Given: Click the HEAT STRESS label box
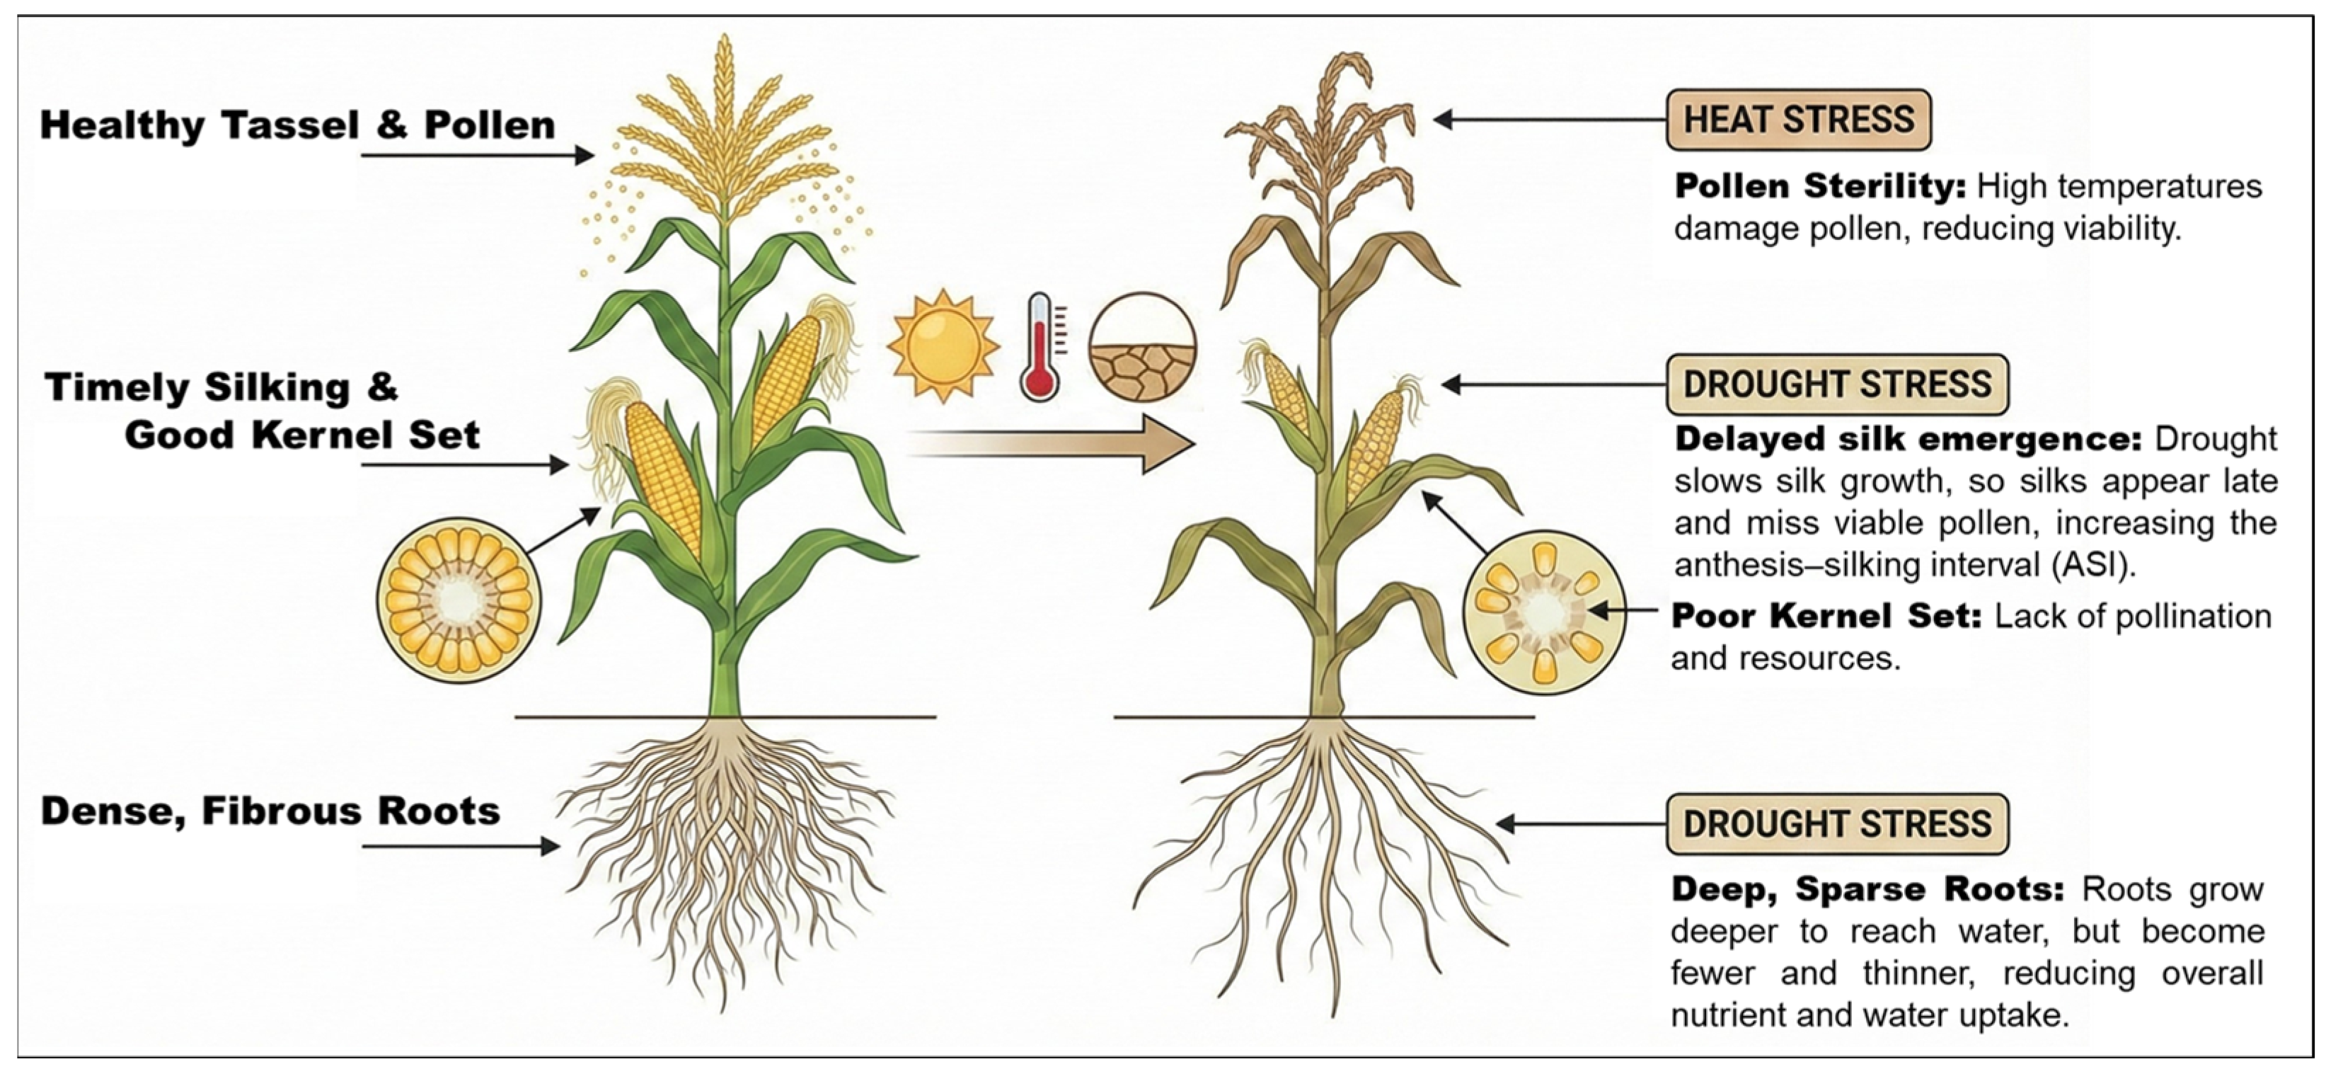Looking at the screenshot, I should click(x=1798, y=119).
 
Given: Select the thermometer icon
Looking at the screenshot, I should click(x=1040, y=347).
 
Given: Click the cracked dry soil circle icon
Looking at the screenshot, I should click(x=1141, y=347).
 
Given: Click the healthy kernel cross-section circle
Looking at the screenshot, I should click(x=459, y=600).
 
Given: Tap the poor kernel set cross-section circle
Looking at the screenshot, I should click(x=1543, y=612).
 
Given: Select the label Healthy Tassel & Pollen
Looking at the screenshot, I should click(x=297, y=125).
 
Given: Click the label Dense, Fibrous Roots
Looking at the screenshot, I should click(x=270, y=811).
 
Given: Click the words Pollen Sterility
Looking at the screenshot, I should click(x=1819, y=187).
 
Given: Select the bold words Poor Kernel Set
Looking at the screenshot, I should click(x=1826, y=617).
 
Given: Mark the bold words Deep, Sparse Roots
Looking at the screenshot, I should click(x=1867, y=890).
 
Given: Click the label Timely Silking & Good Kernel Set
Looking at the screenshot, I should click(x=262, y=411).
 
